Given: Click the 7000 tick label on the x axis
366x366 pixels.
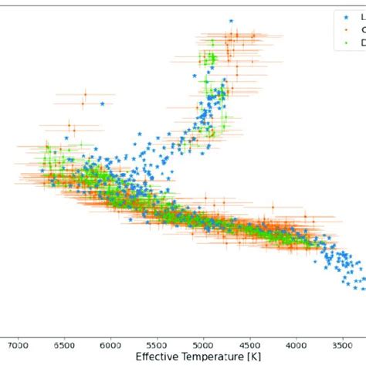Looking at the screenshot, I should coord(19,347).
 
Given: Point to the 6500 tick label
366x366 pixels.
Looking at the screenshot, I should coord(65,347).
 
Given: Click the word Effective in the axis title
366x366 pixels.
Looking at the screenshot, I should coord(158,358).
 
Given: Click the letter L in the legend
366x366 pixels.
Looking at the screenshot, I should coord(354,15).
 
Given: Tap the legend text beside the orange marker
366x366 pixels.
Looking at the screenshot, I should coord(354,29).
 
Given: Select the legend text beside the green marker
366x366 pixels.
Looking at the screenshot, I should coord(354,43).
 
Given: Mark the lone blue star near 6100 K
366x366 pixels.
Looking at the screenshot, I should coord(102,104).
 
